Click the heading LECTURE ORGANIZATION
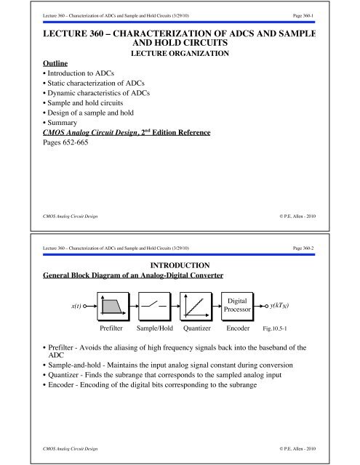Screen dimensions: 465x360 (x=179, y=54)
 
